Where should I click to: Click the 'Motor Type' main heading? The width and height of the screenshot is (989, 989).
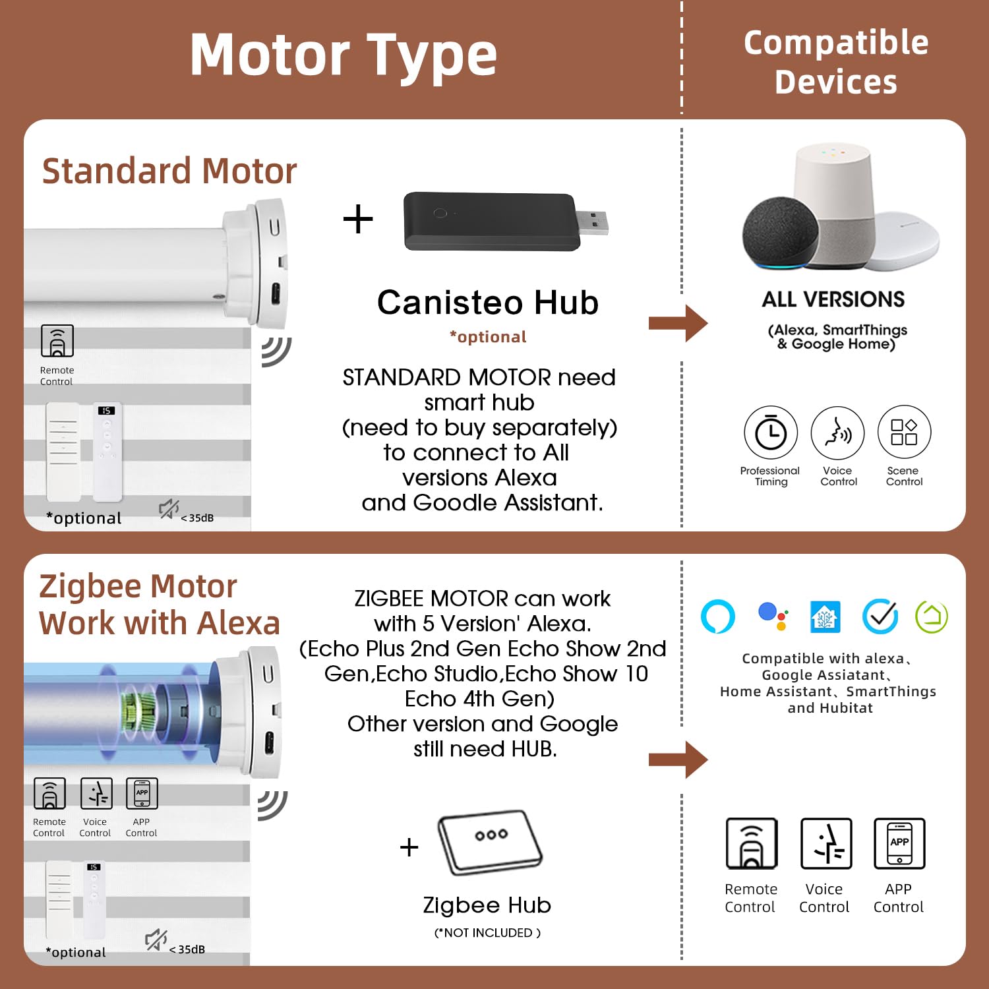[343, 56]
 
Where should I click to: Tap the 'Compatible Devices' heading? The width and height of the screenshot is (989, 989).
[835, 62]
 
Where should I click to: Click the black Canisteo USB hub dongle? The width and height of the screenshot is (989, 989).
[491, 222]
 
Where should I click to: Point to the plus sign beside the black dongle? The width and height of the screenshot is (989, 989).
[358, 219]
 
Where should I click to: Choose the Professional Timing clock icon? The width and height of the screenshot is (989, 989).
[770, 433]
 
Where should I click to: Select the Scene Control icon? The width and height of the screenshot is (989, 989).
[904, 433]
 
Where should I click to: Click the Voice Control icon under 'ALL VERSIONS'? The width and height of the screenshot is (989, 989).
[837, 433]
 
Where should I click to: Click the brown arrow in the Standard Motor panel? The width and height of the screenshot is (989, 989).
[678, 323]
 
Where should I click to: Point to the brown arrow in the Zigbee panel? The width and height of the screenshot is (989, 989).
[678, 760]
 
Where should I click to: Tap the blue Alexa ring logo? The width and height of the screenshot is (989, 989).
[717, 616]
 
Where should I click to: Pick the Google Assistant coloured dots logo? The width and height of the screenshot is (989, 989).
[772, 616]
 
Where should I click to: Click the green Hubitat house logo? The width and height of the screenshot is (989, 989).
[932, 616]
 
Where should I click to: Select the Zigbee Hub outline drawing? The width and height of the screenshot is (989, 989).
[489, 842]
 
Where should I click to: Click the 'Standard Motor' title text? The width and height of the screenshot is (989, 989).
[169, 171]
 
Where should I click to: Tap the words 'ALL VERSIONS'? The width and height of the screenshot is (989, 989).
[833, 299]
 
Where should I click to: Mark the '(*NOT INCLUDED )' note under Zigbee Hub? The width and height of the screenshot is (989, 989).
[487, 932]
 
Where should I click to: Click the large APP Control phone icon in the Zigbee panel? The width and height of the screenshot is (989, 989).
[899, 843]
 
